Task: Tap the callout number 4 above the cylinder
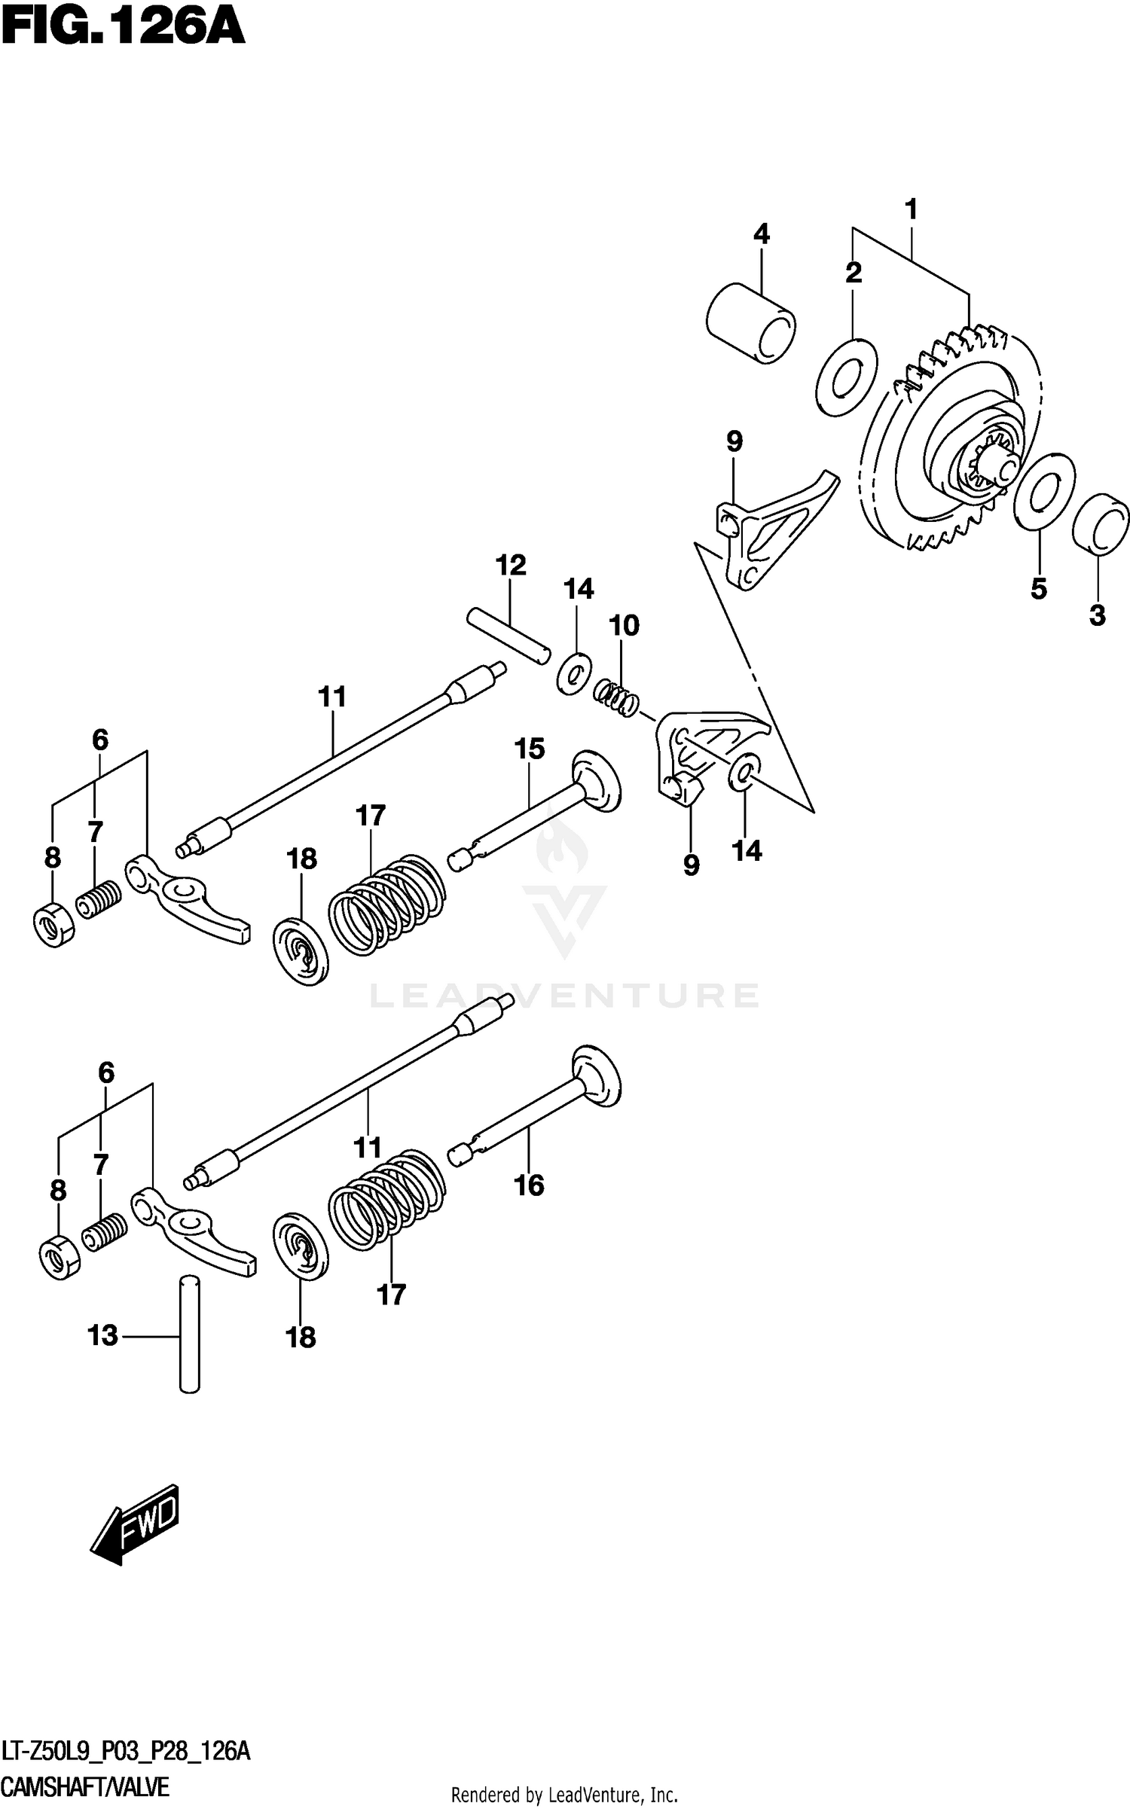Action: [x=761, y=234]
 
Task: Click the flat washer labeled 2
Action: [x=847, y=377]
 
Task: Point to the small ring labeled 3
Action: [x=1101, y=525]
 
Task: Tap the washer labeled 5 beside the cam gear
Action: [x=1044, y=490]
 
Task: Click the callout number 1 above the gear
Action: [x=911, y=209]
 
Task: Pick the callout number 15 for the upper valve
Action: [x=530, y=749]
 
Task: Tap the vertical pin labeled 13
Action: [x=190, y=1333]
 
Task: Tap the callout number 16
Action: [x=529, y=1185]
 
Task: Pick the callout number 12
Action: [x=511, y=565]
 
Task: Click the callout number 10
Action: [x=625, y=625]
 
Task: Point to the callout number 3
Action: [x=1097, y=616]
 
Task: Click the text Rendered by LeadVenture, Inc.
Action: [x=564, y=1795]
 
